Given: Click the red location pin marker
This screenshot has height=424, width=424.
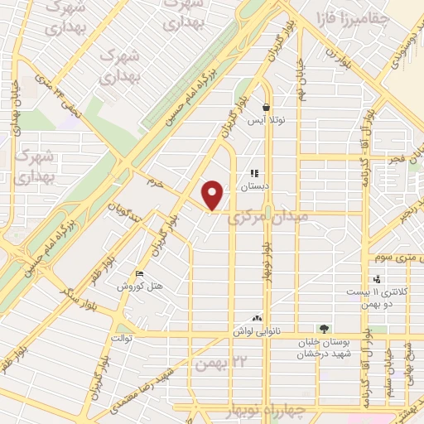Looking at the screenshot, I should click(213, 195).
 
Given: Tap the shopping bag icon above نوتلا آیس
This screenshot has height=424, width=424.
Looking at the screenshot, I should click(266, 107).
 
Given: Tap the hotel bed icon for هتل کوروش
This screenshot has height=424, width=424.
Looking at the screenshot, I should click(140, 273).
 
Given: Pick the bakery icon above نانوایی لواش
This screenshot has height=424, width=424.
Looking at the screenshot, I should click(257, 318).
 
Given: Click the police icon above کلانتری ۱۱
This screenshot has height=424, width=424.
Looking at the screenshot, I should click(377, 279).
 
